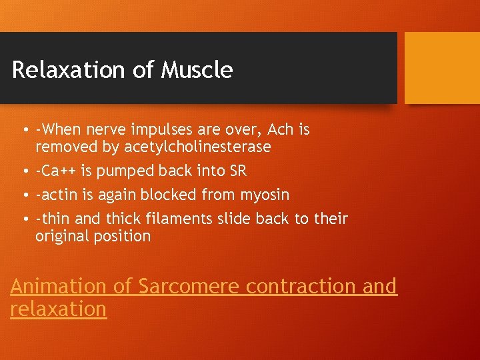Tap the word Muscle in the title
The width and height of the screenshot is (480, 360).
point(197,70)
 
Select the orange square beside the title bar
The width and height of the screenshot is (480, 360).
point(442,68)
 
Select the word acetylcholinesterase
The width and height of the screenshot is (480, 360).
point(197,146)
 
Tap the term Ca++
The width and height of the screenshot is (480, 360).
point(58,171)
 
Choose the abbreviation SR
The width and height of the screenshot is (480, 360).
point(237,171)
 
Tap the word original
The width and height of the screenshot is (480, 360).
point(65,236)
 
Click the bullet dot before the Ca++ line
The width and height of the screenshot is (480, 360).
point(24,171)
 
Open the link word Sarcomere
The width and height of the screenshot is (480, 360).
point(188,286)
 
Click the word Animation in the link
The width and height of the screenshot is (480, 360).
point(58,286)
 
